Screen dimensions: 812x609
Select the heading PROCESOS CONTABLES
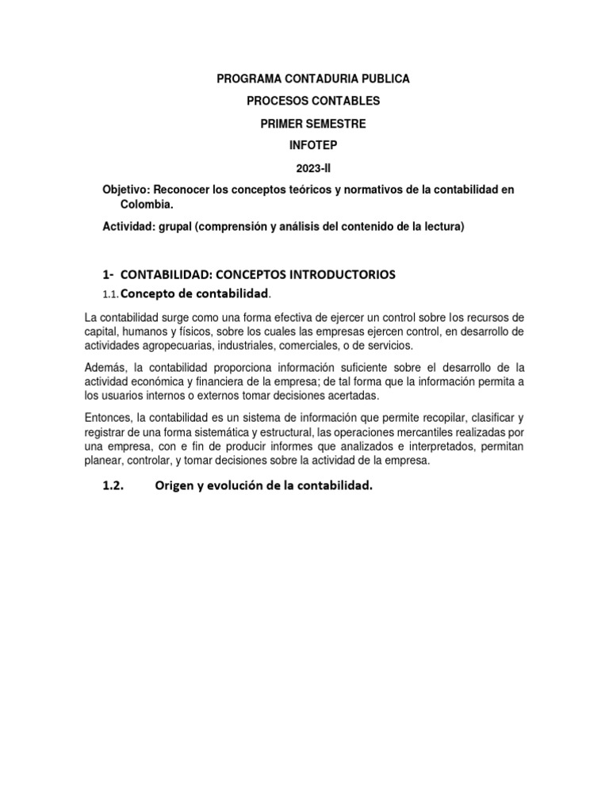point(313,101)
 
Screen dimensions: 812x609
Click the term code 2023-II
point(313,169)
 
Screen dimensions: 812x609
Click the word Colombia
point(144,205)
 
